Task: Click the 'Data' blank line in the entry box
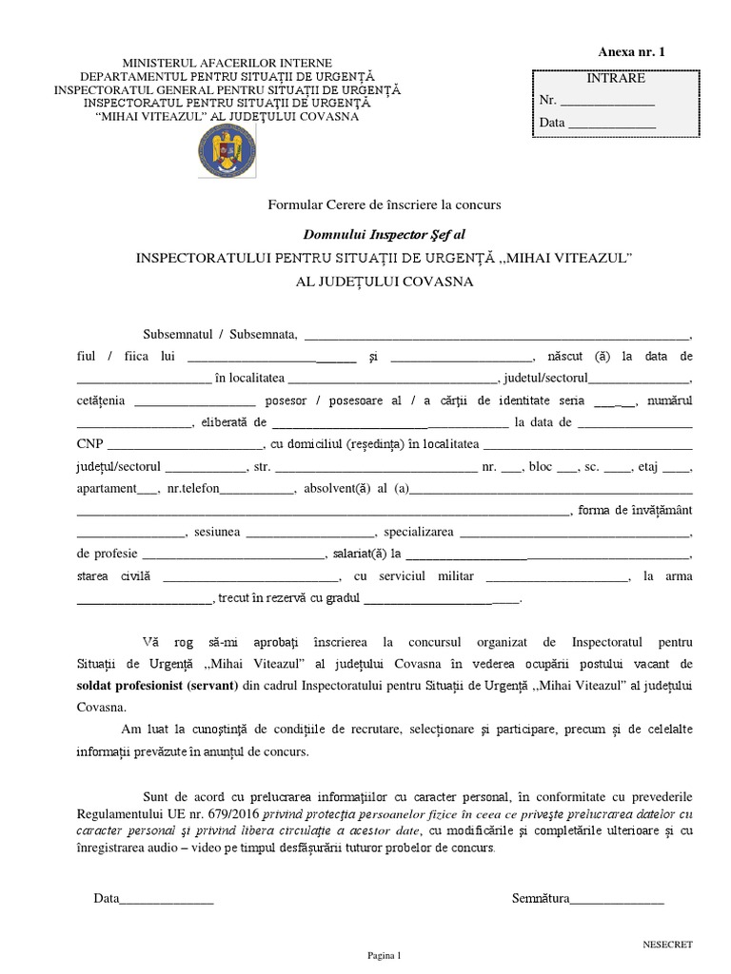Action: (x=611, y=124)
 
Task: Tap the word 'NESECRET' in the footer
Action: (x=668, y=945)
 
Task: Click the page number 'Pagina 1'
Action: (x=385, y=955)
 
